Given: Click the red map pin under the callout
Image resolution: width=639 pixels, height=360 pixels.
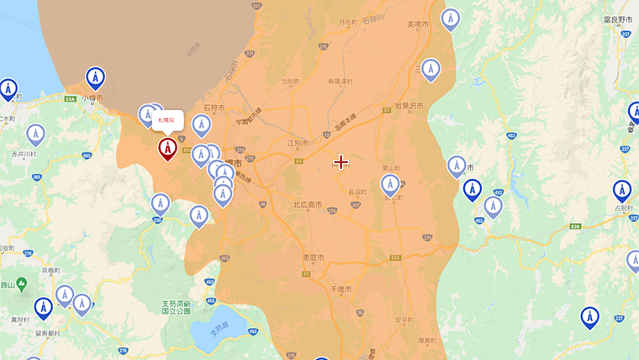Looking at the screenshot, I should pyautogui.click(x=167, y=148).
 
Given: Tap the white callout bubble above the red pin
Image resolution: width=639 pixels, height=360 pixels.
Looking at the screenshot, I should pyautogui.click(x=167, y=120).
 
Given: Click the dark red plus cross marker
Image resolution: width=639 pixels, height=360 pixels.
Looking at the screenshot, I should pyautogui.click(x=341, y=161).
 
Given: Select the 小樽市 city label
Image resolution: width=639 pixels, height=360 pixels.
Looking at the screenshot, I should pyautogui.click(x=94, y=98).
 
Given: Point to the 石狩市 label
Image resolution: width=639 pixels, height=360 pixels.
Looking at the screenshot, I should pyautogui.click(x=214, y=108).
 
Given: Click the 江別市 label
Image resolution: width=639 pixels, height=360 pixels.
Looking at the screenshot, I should pyautogui.click(x=298, y=143).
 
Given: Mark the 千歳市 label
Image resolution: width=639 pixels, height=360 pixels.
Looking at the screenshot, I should pyautogui.click(x=341, y=289).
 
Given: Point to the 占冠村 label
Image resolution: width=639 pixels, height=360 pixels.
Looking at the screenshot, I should pyautogui.click(x=623, y=208).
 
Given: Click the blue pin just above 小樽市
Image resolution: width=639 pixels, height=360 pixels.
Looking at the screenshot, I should pyautogui.click(x=95, y=77).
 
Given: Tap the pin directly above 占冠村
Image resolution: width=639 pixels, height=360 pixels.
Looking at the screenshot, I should pyautogui.click(x=622, y=190).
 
